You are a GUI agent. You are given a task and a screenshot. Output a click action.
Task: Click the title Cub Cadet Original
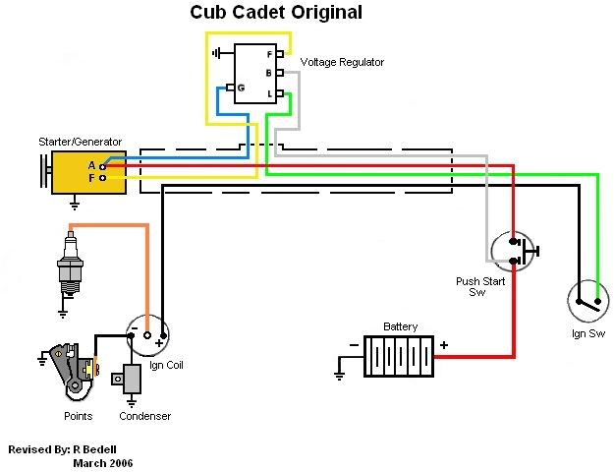[275, 13]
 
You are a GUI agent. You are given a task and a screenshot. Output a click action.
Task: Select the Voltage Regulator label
[341, 62]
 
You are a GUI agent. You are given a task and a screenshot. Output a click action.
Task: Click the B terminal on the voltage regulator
[280, 73]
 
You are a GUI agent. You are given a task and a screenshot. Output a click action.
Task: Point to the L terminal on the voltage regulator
[280, 93]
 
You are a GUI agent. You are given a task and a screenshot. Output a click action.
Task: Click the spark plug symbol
[68, 263]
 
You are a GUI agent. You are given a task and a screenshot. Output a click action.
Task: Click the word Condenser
[144, 416]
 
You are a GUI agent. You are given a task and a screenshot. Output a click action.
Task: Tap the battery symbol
[399, 356]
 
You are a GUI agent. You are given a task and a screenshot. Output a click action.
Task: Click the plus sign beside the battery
[443, 345]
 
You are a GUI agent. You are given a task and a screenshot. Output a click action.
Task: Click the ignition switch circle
[588, 300]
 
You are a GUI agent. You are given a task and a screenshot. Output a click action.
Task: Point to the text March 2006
[103, 462]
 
